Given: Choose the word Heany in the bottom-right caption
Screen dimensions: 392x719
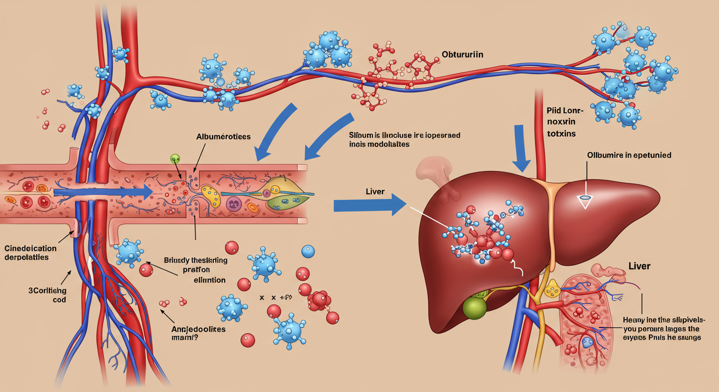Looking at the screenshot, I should tap(635, 320).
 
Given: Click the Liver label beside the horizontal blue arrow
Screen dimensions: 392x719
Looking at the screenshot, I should tap(375, 192).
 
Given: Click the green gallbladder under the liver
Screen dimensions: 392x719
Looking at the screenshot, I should tap(475, 307).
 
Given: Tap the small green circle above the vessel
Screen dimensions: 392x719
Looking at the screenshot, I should tap(175, 159).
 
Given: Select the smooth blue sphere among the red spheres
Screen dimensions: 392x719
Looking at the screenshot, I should tap(308, 251).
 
